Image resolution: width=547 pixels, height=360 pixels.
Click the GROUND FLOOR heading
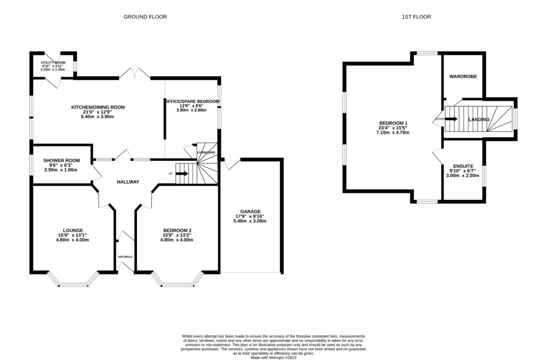(145, 17)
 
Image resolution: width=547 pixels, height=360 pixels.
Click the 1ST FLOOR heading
(416, 17)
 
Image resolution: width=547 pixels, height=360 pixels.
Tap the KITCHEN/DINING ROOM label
(98, 107)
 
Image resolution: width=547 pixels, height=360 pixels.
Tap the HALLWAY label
(128, 182)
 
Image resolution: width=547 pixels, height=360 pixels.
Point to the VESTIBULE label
(126, 257)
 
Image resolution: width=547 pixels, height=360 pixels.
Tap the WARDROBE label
(463, 77)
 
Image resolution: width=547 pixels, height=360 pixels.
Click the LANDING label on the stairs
(478, 120)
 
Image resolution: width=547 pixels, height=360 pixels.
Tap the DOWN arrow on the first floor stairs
(451, 119)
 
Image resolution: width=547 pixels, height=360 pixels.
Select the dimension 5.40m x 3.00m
(250, 221)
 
